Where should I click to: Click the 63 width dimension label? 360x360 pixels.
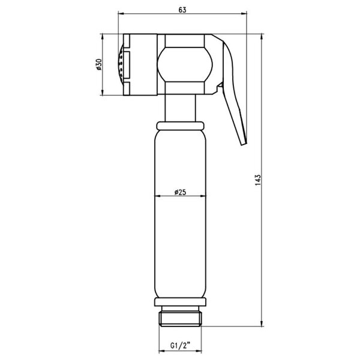[x=182, y=10]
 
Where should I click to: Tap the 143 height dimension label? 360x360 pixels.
[x=258, y=180]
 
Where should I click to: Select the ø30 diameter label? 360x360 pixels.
[x=99, y=65]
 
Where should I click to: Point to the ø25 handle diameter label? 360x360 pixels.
[x=180, y=192]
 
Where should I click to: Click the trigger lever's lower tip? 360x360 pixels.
[x=244, y=144]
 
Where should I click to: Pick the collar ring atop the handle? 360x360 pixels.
[x=180, y=126]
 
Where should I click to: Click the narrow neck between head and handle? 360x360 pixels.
[x=180, y=108]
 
